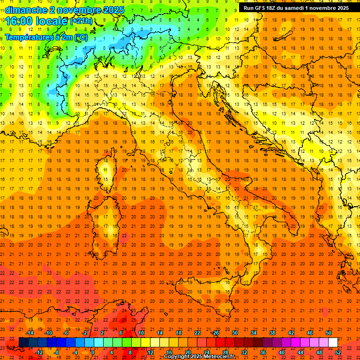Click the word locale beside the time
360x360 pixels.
[x=53, y=21]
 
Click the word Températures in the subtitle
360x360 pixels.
[x=25, y=37]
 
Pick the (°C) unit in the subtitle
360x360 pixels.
[x=81, y=37]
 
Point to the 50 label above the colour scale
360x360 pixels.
[x=329, y=333]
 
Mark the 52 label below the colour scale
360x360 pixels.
[x=338, y=352]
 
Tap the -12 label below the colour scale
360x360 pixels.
[x=39, y=352]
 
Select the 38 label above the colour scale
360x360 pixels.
[x=272, y=333]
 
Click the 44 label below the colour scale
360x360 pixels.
[x=300, y=352]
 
